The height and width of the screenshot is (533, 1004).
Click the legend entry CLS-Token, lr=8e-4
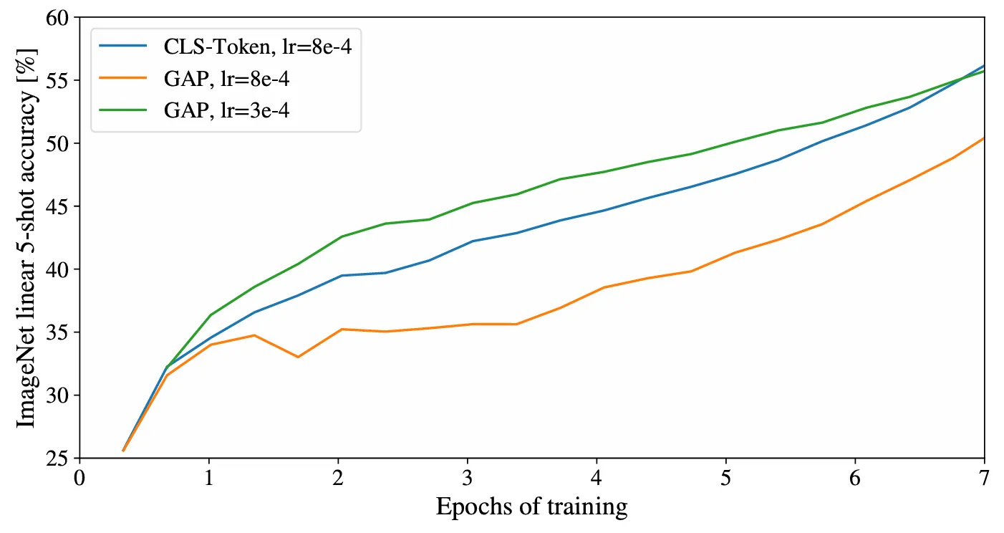257,46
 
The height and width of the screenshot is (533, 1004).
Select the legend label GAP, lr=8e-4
226,79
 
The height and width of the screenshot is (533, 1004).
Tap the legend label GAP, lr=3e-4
226,110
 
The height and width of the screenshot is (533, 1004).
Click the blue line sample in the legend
122,46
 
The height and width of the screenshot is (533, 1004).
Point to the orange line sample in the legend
122,78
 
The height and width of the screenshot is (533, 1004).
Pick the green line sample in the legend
122,110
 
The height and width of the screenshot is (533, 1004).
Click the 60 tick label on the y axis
57,18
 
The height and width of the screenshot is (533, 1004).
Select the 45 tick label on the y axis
57,206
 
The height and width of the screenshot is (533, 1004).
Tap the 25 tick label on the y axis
57,458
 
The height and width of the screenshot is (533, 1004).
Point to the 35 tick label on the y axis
57,332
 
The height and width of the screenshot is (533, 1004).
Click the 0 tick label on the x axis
79,479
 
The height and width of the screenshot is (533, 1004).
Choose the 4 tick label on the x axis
596,479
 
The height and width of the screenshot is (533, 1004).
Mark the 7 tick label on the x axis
983,479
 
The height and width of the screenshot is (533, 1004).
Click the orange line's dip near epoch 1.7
298,357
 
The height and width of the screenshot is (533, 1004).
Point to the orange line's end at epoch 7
984,138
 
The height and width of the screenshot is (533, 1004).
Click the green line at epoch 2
339,238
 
